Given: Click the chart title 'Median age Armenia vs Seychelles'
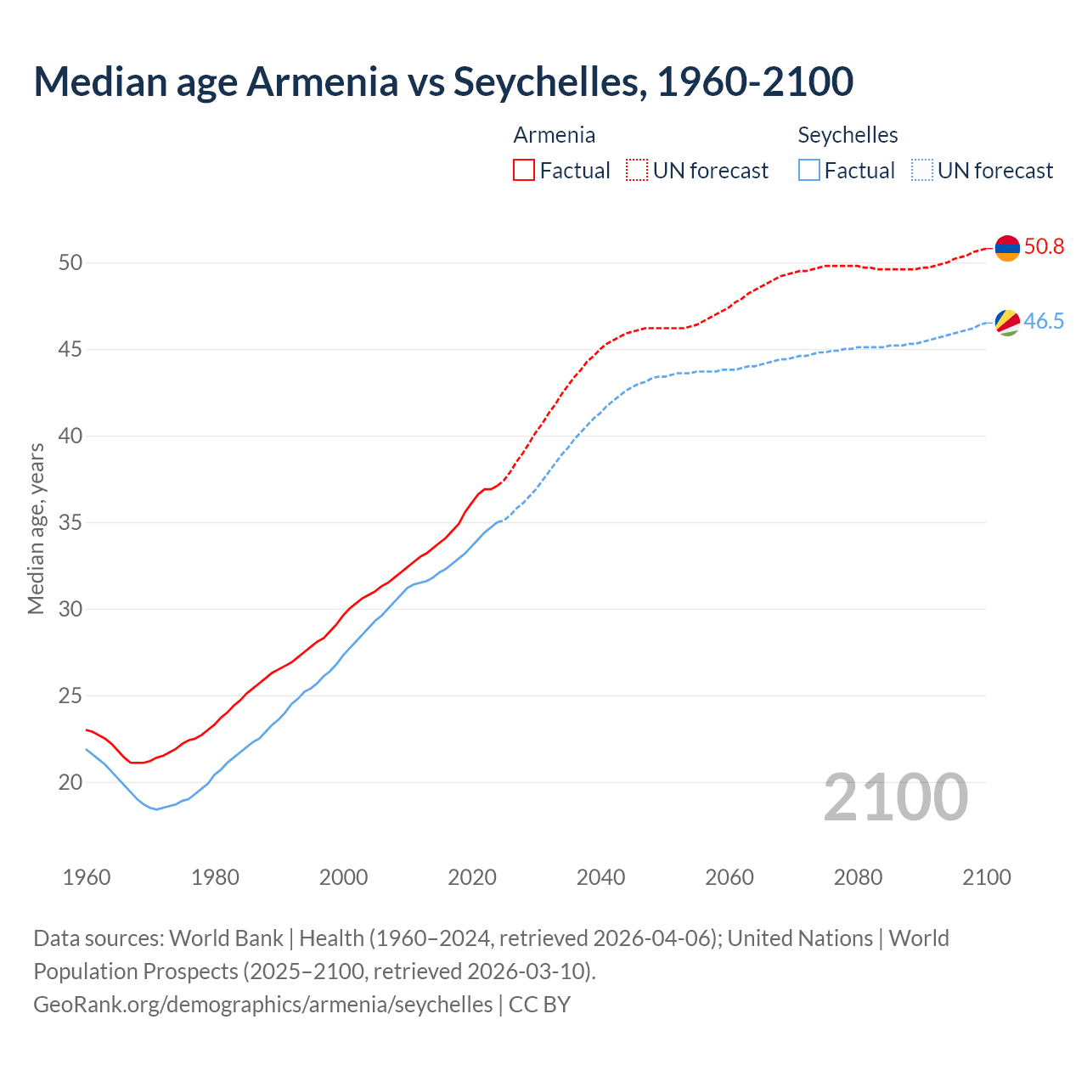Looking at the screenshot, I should tap(442, 82).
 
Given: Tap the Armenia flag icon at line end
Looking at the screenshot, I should tap(1006, 248).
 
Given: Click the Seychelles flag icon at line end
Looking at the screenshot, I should tap(1006, 322).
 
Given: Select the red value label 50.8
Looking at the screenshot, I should tap(1044, 247).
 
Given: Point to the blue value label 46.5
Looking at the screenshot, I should tap(1044, 321).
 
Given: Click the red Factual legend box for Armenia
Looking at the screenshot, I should tap(524, 170).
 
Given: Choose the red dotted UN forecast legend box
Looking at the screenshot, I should tap(637, 170).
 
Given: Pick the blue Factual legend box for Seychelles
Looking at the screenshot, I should tap(808, 170).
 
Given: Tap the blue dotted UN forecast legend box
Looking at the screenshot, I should tap(921, 170).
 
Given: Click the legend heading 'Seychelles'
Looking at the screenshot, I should tap(848, 135).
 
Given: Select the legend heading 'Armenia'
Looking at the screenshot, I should tap(554, 135).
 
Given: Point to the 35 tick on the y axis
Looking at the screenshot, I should tap(70, 522).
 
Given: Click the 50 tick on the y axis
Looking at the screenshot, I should tap(70, 263).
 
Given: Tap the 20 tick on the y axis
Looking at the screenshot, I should tap(70, 782).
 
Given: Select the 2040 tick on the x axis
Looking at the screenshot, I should tap(600, 877).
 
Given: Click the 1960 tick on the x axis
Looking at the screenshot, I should tap(87, 877).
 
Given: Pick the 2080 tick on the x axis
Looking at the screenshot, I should tap(858, 877).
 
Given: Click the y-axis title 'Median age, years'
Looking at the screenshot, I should tap(36, 527).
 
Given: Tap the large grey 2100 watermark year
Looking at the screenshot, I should tap(895, 797).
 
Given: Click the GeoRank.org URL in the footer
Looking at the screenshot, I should tap(262, 1005).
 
